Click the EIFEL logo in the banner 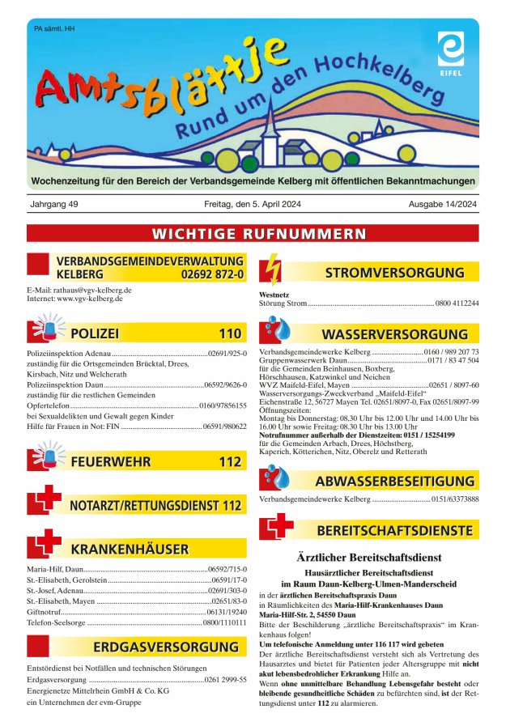pos(450,49)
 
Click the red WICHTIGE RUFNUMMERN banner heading pos(253,234)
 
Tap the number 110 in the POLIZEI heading pos(230,333)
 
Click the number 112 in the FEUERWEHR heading pos(230,462)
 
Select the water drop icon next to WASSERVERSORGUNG pos(277,332)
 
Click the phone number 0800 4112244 pos(457,304)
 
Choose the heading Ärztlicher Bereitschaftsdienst pos(368,558)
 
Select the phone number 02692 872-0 pos(213,274)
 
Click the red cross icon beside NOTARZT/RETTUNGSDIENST pos(43,502)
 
